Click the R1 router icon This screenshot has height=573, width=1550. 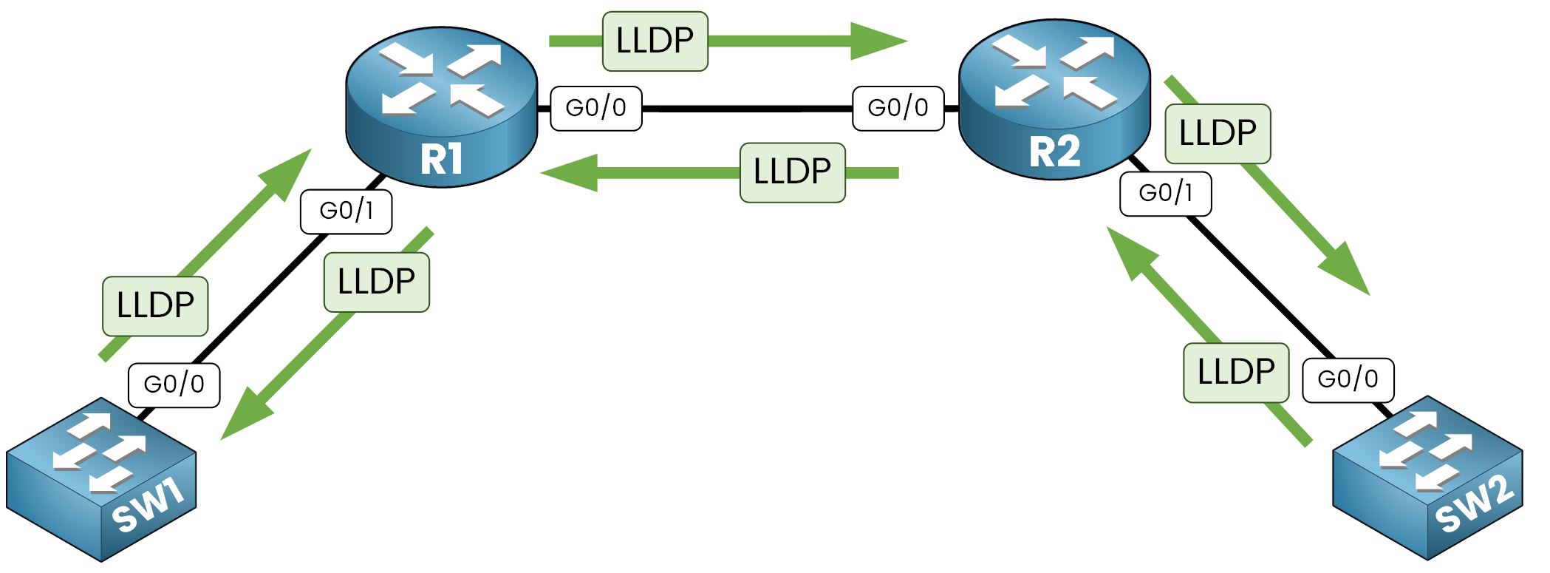point(441,107)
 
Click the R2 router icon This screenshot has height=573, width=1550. point(1054,100)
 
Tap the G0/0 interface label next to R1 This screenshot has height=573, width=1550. point(596,109)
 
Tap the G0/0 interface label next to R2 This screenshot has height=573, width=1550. point(898,109)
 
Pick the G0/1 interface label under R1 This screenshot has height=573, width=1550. point(346,211)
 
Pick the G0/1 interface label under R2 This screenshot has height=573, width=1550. point(1166,194)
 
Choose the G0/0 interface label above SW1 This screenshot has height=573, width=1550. point(174,384)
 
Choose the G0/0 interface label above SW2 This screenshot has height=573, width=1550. point(1348,380)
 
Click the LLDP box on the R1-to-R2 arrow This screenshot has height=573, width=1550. point(655,41)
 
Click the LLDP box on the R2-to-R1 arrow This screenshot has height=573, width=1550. point(793,172)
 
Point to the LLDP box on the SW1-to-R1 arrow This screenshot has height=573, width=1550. point(155,306)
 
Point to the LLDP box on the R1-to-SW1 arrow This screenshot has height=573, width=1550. point(377,282)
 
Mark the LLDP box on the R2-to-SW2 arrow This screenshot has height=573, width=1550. point(1218,134)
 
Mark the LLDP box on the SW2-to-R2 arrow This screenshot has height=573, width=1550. point(1236,373)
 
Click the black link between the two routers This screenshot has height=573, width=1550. point(746,109)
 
